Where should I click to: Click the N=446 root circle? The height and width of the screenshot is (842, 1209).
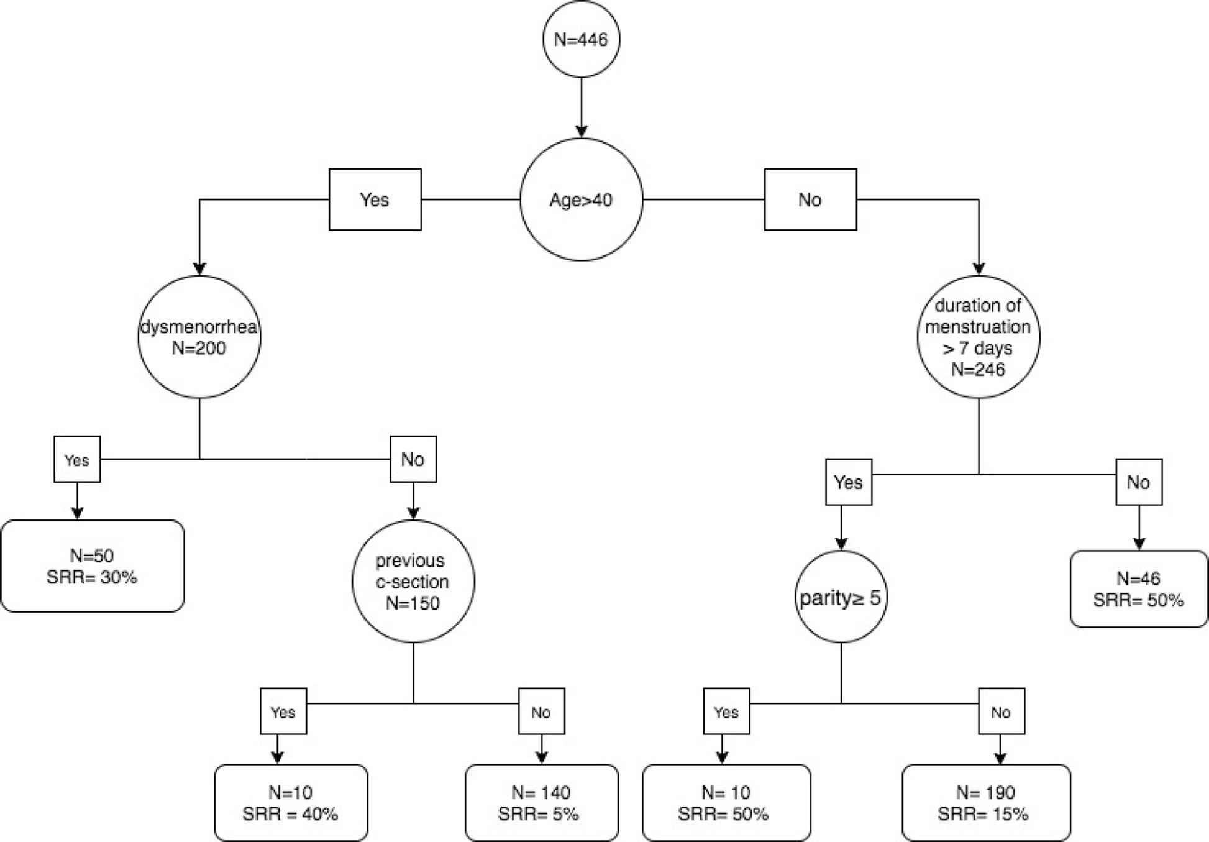[581, 39]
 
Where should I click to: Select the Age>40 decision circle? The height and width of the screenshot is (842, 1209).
[581, 199]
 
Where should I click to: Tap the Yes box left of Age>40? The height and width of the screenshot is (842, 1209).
[375, 199]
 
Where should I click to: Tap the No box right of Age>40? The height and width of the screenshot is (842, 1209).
[810, 199]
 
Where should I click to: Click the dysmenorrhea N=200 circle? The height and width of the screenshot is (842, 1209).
[199, 337]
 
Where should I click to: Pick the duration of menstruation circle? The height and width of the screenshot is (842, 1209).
[978, 337]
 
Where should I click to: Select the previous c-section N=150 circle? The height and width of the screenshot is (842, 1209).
[413, 581]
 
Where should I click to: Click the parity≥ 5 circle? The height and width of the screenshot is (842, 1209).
[841, 597]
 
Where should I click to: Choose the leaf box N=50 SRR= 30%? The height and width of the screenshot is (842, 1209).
[92, 566]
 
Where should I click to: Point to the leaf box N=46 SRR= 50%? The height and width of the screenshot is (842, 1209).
[1138, 588]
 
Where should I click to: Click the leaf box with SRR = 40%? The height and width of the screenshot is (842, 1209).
[291, 802]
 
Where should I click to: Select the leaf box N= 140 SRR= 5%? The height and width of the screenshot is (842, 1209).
[541, 802]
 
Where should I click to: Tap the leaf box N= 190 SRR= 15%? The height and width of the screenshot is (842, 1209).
[985, 802]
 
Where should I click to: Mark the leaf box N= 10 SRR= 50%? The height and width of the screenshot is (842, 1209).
[726, 802]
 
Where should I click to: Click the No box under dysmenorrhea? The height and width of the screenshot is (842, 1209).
[413, 459]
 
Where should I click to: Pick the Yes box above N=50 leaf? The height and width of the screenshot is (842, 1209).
[77, 459]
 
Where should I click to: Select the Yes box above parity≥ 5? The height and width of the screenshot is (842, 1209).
[848, 482]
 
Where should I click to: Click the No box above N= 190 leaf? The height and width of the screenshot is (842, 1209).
[1001, 712]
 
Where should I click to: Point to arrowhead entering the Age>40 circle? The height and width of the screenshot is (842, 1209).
[581, 132]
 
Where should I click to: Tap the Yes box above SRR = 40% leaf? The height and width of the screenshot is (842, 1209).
[283, 712]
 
